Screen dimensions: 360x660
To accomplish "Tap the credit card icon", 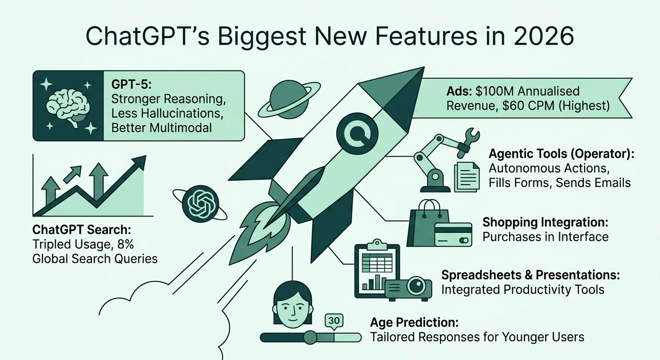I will [453, 234].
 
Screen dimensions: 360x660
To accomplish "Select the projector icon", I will [408, 287].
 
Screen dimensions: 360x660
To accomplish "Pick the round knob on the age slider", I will [310, 337].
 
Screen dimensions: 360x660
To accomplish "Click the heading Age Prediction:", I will [413, 322].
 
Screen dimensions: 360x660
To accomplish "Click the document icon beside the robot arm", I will [467, 176].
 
